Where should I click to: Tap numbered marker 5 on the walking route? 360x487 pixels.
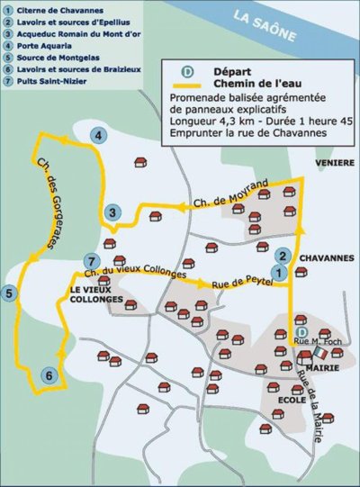[10, 293]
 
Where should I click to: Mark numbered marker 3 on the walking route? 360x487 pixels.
[112, 212]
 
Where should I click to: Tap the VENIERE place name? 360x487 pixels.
[329, 163]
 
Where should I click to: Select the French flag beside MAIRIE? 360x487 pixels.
[302, 357]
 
